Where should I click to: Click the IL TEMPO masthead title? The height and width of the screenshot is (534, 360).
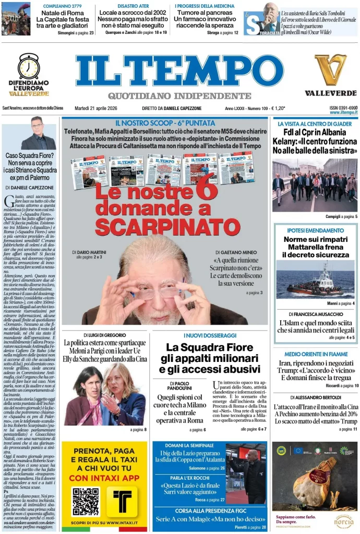click(179, 71)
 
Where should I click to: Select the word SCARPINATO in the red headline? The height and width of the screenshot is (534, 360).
click(167, 227)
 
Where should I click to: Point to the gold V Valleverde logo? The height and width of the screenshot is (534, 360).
click(330, 70)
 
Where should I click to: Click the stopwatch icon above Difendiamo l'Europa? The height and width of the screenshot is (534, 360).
click(29, 66)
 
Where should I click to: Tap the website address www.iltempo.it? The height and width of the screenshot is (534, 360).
click(343, 113)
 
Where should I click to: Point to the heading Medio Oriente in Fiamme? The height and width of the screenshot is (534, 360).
click(315, 354)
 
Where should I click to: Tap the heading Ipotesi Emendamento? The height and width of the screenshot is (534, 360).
click(315, 230)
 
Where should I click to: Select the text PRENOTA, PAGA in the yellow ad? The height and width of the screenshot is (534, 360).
click(105, 451)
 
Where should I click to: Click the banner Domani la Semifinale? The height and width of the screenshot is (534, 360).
click(189, 445)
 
